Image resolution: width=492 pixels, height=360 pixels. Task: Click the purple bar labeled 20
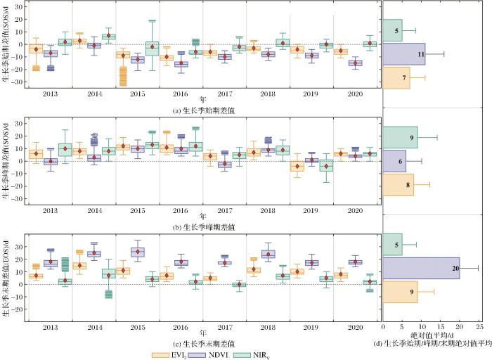(x=421, y=268)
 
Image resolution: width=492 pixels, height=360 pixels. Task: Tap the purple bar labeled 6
(x=394, y=161)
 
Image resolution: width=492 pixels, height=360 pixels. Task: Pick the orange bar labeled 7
(x=396, y=77)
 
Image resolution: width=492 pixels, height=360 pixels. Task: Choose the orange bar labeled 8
(x=399, y=184)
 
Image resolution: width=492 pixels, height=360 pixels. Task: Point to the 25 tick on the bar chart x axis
(x=479, y=327)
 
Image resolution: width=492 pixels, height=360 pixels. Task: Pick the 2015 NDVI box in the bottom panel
(x=138, y=251)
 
